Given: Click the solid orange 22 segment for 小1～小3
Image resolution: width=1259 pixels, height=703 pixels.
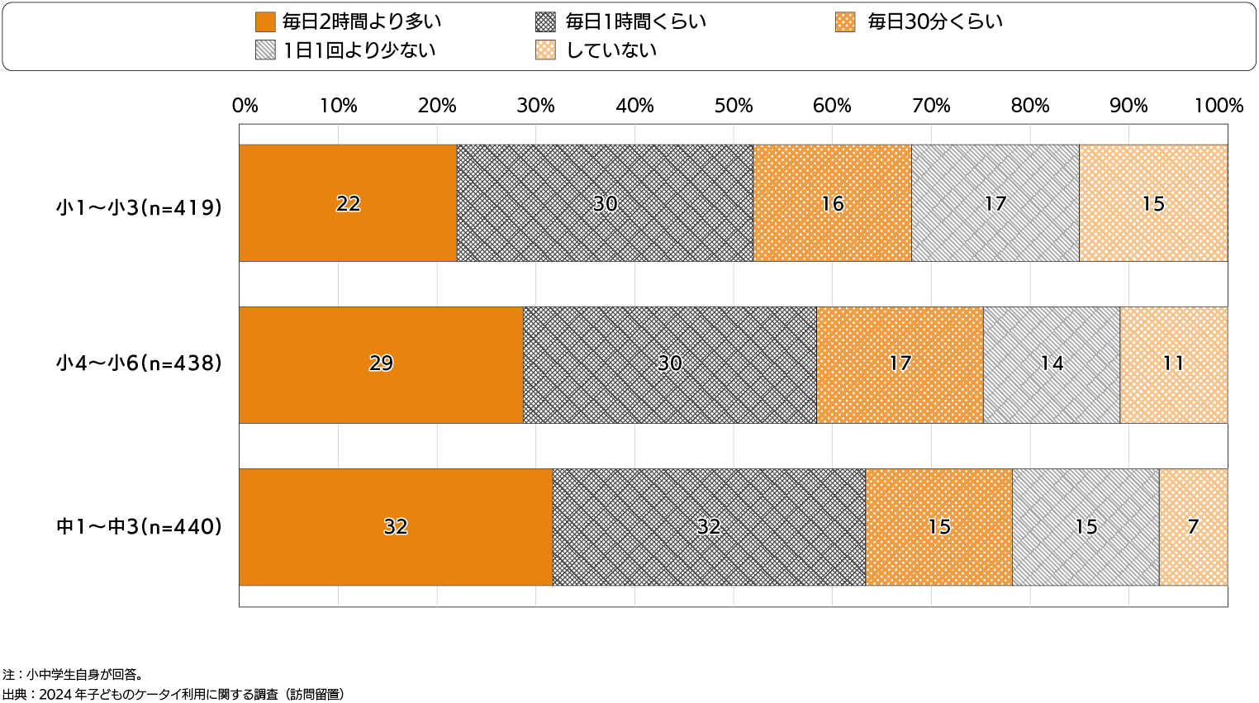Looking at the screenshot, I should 348,203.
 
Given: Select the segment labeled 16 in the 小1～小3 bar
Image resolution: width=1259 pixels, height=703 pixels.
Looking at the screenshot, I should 832,203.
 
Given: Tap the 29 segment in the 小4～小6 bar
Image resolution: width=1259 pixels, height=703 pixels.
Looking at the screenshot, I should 381,364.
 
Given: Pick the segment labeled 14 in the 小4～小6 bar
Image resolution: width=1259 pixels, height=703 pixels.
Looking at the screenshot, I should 1051,364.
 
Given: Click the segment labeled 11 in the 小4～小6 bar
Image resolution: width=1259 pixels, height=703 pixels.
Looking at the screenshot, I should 1173,364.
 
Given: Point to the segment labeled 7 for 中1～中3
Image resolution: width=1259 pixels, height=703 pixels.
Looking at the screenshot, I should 1193,527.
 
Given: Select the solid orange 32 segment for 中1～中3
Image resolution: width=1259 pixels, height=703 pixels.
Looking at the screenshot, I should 396,527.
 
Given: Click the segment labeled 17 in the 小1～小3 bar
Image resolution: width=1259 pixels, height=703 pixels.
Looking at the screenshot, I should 995,203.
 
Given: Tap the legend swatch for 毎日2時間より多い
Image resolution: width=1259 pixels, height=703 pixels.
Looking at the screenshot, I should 264,22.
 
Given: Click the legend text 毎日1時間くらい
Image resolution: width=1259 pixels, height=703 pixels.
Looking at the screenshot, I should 635,22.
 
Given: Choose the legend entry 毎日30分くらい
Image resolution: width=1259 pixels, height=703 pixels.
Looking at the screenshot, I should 934,22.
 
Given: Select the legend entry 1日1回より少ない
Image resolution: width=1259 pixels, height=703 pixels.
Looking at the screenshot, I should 359,50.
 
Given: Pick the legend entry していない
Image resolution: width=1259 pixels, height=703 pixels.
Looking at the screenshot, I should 610,50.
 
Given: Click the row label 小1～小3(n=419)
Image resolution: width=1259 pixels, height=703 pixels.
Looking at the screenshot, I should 140,207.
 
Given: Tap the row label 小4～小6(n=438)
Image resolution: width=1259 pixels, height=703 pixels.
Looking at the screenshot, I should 140,363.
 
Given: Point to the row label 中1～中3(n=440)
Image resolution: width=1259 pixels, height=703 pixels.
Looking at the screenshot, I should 140,526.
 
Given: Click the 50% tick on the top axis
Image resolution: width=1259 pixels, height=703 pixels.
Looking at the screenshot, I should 734,106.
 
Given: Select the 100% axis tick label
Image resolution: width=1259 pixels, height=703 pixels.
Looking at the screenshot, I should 1219,106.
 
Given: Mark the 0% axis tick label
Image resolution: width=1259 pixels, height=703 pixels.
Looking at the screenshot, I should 245,106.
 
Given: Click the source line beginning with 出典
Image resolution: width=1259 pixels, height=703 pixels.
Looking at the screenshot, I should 173,694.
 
